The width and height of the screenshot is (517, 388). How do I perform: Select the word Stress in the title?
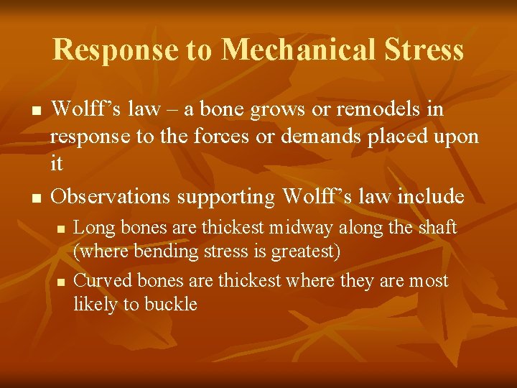point(424,50)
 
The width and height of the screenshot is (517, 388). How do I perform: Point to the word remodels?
point(377,110)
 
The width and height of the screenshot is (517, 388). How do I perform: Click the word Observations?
point(111,195)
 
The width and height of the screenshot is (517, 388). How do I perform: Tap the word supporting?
point(226,195)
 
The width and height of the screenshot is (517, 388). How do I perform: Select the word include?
point(427,195)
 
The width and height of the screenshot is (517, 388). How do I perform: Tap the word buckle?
point(171,304)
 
